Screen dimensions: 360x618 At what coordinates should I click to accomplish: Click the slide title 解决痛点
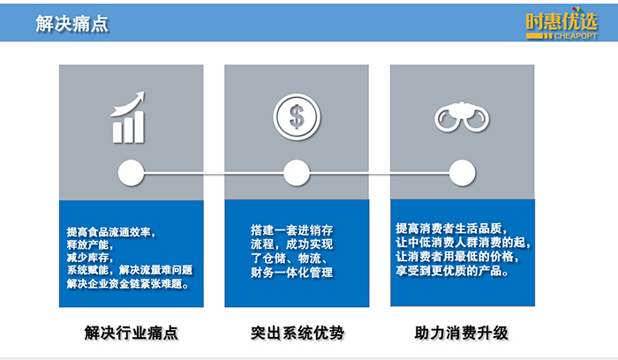[x=72, y=24]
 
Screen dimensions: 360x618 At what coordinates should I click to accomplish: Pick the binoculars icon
[x=460, y=117]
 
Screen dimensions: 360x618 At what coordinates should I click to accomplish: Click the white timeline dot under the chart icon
[x=131, y=172]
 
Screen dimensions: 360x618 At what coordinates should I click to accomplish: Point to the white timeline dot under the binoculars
[x=460, y=172]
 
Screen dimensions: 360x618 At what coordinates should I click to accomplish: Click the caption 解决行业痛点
[x=131, y=334]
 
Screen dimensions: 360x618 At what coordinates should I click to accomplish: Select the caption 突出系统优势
[x=296, y=334]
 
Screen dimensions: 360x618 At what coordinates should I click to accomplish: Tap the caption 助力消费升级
[x=462, y=334]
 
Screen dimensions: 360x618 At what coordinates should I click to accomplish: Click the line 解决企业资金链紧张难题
[x=128, y=283]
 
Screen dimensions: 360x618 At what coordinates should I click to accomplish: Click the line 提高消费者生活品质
[x=453, y=227]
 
